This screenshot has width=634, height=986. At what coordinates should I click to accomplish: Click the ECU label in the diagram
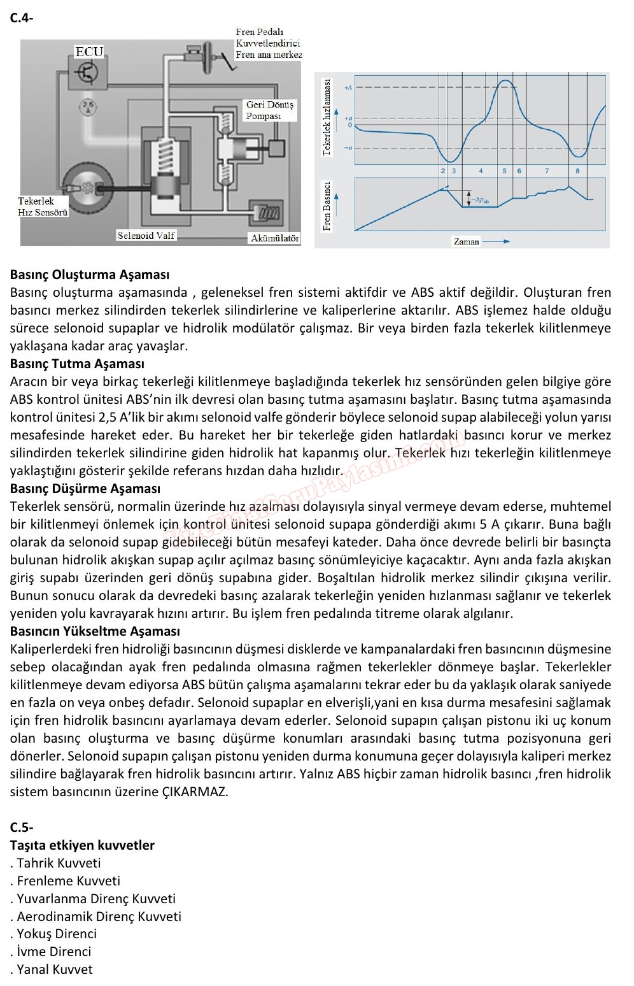pos(89,52)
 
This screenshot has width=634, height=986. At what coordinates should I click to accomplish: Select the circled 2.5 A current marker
pos(88,107)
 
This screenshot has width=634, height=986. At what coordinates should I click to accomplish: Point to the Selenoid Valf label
pos(146,235)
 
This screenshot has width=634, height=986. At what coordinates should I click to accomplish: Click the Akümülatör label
pos(275,238)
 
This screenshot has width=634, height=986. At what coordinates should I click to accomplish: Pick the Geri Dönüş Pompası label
pos(270,110)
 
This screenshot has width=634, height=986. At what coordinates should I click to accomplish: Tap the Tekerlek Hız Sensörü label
pos(43,206)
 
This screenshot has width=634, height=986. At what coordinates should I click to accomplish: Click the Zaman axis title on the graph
pos(467,241)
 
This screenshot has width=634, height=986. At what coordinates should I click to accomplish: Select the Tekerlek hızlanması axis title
pos(327,117)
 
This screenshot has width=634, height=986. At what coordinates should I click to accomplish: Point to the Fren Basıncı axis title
pos(327,206)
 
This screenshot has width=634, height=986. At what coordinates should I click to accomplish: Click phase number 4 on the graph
pos(481,171)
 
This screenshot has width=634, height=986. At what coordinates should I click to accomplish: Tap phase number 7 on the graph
pos(547,171)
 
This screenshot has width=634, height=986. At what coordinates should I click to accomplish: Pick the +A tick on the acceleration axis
pos(348,87)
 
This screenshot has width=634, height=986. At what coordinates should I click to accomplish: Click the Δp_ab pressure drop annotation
pos(482,199)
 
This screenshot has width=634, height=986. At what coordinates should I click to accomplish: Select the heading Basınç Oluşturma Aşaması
pos(90,275)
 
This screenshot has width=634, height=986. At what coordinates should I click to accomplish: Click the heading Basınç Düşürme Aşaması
pos(85,489)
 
